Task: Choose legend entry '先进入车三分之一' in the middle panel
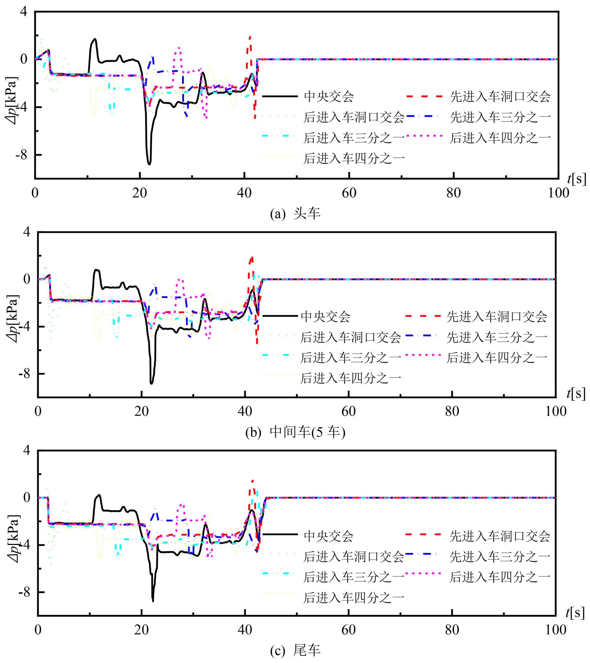tap(496, 337)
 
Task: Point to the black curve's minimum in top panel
tap(149, 164)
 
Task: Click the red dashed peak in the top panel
tap(250, 37)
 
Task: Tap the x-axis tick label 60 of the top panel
tap(349, 193)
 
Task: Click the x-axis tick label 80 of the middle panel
tap(452, 412)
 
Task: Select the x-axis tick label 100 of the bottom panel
tap(555, 630)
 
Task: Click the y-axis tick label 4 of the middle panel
tap(26, 232)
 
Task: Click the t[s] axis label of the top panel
tap(577, 179)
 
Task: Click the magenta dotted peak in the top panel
tap(179, 48)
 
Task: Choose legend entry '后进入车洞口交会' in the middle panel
tap(350, 337)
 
